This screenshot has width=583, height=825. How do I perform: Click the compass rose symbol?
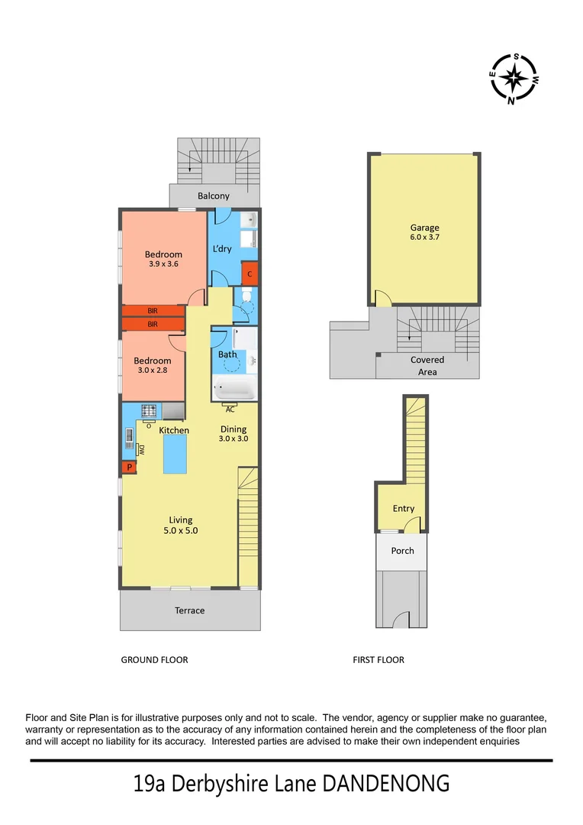tap(515, 78)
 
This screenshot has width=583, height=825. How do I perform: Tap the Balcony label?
tap(214, 196)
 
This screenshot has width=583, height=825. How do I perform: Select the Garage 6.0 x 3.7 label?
tap(424, 232)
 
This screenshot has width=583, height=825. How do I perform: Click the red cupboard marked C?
tap(249, 273)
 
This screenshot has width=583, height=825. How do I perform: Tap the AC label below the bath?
tap(229, 409)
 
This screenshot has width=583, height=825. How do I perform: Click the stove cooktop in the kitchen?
tap(148, 410)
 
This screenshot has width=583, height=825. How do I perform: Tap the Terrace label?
tap(189, 610)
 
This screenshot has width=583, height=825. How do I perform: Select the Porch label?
tap(403, 551)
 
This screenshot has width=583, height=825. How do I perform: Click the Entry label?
tap(404, 509)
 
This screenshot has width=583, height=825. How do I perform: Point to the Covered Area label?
tap(427, 366)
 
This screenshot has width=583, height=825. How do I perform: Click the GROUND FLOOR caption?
tap(154, 660)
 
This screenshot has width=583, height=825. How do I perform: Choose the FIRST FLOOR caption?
tap(378, 660)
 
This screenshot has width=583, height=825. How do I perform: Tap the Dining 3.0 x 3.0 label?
tap(234, 434)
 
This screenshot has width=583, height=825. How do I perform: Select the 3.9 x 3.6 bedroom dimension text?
tap(164, 264)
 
